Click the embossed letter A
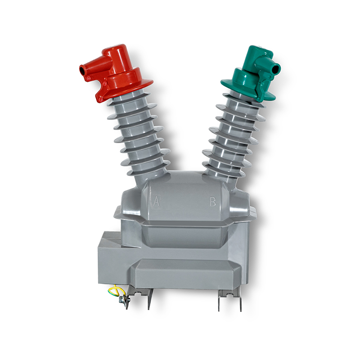tap(156, 201)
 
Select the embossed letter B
tap(213, 201)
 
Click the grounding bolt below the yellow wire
tap(123, 300)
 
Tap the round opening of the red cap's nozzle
tap(82, 69)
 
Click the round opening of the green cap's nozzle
tap(277, 68)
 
